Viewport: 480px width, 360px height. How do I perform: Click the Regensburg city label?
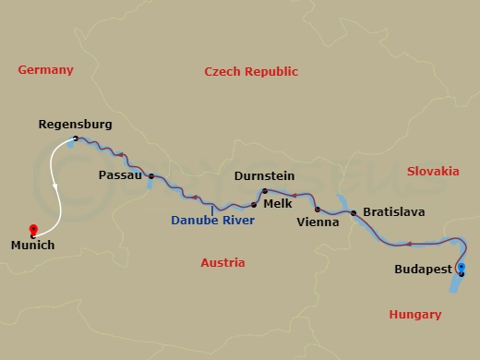76,124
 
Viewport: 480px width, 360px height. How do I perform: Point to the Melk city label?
278,204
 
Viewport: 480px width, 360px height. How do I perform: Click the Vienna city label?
318,222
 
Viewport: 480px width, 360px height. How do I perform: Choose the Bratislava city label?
394,212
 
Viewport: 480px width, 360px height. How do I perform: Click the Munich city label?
33,246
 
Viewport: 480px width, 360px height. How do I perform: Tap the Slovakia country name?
432,171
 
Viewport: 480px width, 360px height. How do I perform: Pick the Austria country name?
222,263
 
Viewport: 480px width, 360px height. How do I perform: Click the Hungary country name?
414,315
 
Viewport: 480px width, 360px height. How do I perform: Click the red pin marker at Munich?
33,229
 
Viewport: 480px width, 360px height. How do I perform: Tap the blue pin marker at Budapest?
461,269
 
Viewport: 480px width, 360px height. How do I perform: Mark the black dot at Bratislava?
353,212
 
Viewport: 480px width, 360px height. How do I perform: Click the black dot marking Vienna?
317,210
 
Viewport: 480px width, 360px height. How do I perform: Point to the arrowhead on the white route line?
55,187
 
